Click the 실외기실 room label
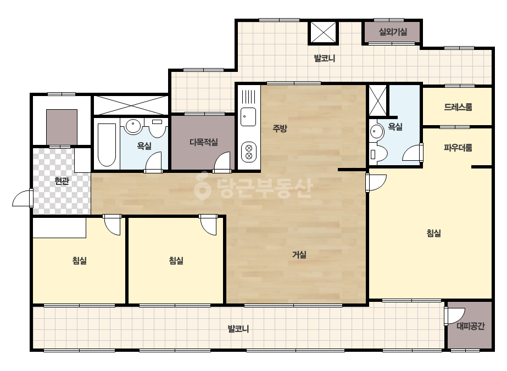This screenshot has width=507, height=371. coord(393,32)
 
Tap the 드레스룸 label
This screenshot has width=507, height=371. coord(458,107)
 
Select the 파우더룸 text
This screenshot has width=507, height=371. coord(458,148)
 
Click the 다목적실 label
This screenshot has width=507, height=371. coord(203,142)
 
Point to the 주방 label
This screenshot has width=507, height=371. coord(280,128)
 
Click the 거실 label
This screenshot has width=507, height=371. coord(299,255)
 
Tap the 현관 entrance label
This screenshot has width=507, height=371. coord(62,181)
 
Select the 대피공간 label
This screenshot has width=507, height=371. coord(470,326)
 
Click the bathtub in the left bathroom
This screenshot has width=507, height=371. coord(107,144)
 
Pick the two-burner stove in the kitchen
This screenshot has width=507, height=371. coord(249,152)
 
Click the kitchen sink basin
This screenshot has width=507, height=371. coord(248,117)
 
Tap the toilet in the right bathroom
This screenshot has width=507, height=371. coord(378,154)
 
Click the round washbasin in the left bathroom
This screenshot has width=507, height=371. coord(133,126)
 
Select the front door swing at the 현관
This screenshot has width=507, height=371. coord(21,198)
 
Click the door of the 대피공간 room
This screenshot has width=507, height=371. coord(455,316)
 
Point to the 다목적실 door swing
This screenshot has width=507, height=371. coord(222,161)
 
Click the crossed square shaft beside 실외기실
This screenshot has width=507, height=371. coord(324,32)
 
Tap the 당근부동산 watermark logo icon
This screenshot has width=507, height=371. coord(202,186)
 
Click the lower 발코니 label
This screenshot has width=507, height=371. coord(238,329)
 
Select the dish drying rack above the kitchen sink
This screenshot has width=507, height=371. coord(249,96)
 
